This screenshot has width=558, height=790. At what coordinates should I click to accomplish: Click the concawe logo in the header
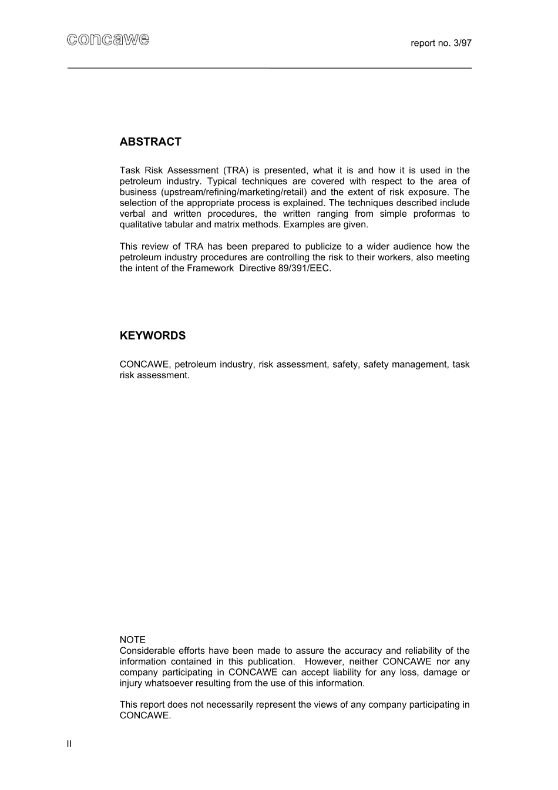(x=107, y=40)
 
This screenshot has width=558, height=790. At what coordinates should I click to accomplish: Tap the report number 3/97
(x=441, y=43)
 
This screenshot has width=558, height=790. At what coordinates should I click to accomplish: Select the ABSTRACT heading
(x=150, y=142)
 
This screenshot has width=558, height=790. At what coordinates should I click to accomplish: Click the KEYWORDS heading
(x=153, y=336)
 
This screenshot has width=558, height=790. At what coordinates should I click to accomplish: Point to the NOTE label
(x=132, y=640)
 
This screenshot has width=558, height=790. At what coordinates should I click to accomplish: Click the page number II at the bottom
(x=69, y=744)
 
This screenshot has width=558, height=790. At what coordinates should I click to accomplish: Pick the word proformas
(x=433, y=214)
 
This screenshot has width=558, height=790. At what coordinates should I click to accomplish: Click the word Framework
(x=210, y=268)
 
